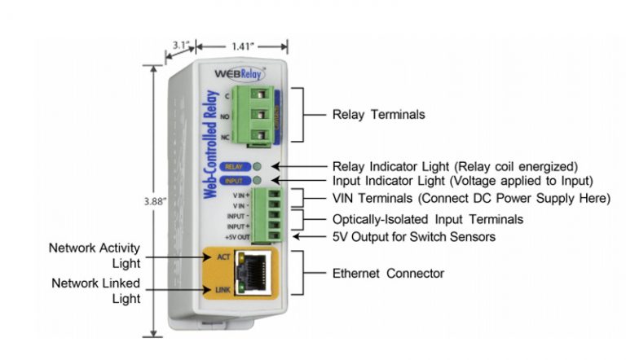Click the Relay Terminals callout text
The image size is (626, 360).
(378, 115)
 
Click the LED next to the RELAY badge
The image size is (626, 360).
(258, 166)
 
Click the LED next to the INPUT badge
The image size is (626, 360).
(258, 181)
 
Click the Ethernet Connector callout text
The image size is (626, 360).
(387, 273)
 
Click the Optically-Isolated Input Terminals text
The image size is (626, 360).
(427, 219)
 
